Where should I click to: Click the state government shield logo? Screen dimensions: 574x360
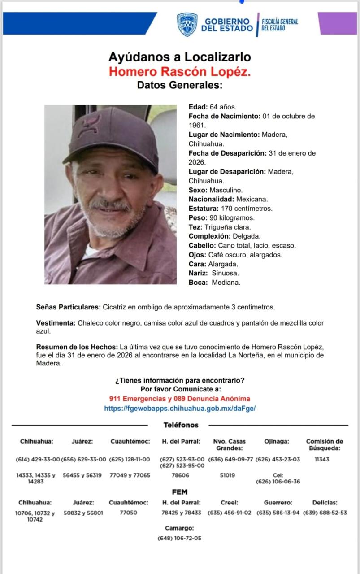coord(187,24)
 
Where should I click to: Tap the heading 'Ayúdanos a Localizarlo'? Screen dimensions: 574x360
coord(179,57)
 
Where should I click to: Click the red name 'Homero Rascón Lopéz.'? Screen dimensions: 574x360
coord(179,71)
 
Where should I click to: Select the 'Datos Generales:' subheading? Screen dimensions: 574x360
coord(179,85)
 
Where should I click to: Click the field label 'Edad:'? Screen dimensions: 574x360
coord(198,107)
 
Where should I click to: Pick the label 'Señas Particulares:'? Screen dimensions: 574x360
coord(68,308)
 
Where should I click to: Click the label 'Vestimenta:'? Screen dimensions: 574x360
coord(56,323)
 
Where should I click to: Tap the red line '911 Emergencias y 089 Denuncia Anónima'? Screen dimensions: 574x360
coord(179,399)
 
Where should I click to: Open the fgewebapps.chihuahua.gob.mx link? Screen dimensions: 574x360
coord(179,409)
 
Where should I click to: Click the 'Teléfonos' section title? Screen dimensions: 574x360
coord(180,425)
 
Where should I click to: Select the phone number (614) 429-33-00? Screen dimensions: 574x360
coord(38,460)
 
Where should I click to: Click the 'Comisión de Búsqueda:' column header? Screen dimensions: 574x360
coord(324,444)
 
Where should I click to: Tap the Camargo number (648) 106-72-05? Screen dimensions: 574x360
coord(179,538)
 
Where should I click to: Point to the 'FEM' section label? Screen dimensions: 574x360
coord(179,492)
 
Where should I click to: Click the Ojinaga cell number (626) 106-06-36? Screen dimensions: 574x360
coord(278,482)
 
